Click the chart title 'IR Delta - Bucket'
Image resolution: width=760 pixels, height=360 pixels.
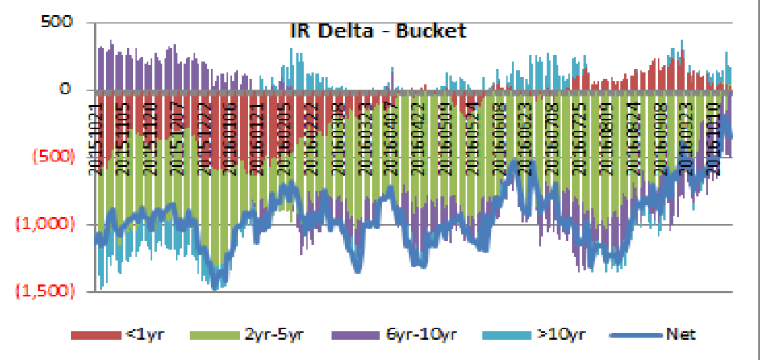click(378, 31)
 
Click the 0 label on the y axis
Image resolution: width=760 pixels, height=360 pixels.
click(68, 89)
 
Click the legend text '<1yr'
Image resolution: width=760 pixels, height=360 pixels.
click(139, 333)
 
